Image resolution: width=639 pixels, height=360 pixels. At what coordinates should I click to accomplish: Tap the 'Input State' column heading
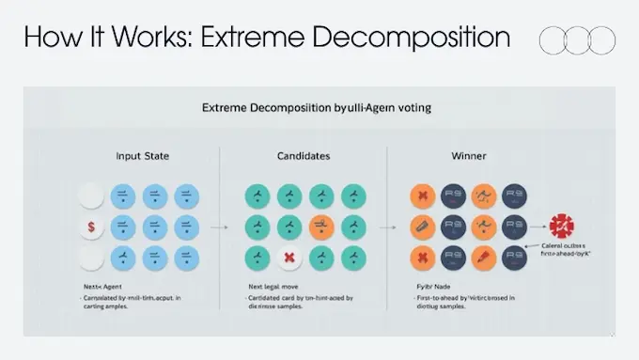tap(143, 155)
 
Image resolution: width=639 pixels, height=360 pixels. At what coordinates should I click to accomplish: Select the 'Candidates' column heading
tap(302, 155)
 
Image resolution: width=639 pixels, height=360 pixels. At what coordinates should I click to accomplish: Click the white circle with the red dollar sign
tap(90, 227)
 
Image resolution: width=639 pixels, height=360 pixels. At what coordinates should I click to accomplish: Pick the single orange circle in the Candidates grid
tap(321, 226)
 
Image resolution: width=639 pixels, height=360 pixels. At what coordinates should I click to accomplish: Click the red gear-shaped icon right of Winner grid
tap(564, 227)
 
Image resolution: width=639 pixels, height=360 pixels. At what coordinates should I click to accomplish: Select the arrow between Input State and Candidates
tap(218, 227)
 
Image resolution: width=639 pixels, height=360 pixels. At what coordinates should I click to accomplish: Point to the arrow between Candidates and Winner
tap(385, 227)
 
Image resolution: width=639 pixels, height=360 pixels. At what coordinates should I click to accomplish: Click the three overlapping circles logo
tap(577, 39)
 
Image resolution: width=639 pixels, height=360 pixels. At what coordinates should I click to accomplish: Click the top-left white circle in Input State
tap(90, 196)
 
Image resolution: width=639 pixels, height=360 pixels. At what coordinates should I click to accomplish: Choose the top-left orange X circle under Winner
tap(423, 196)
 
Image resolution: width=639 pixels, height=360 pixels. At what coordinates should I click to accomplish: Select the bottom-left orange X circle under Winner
tap(423, 258)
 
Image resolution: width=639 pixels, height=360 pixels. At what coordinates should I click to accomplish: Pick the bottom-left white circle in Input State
tap(90, 258)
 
